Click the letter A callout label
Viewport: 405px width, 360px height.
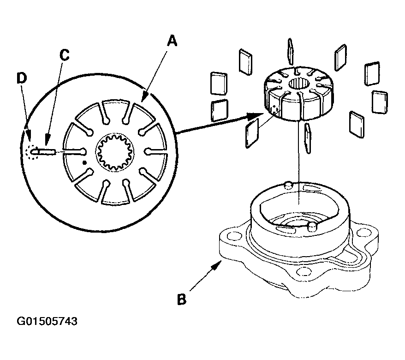[171, 42]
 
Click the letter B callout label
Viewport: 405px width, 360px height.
[182, 299]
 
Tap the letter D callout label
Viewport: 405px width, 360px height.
[21, 78]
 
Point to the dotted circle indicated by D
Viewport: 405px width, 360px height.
[32, 151]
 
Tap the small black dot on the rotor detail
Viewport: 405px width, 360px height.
[84, 162]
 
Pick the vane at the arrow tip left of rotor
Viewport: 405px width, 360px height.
[252, 133]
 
